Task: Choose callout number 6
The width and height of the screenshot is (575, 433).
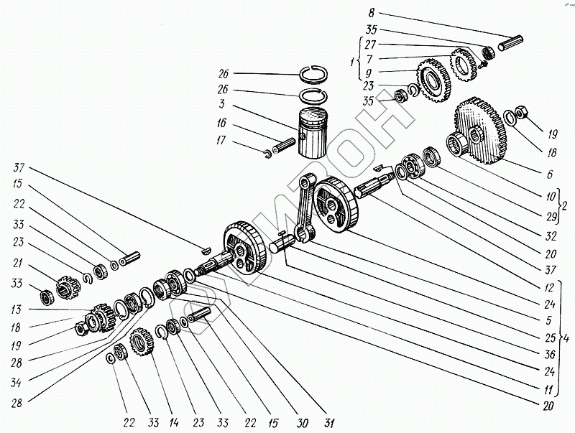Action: [549, 174]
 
